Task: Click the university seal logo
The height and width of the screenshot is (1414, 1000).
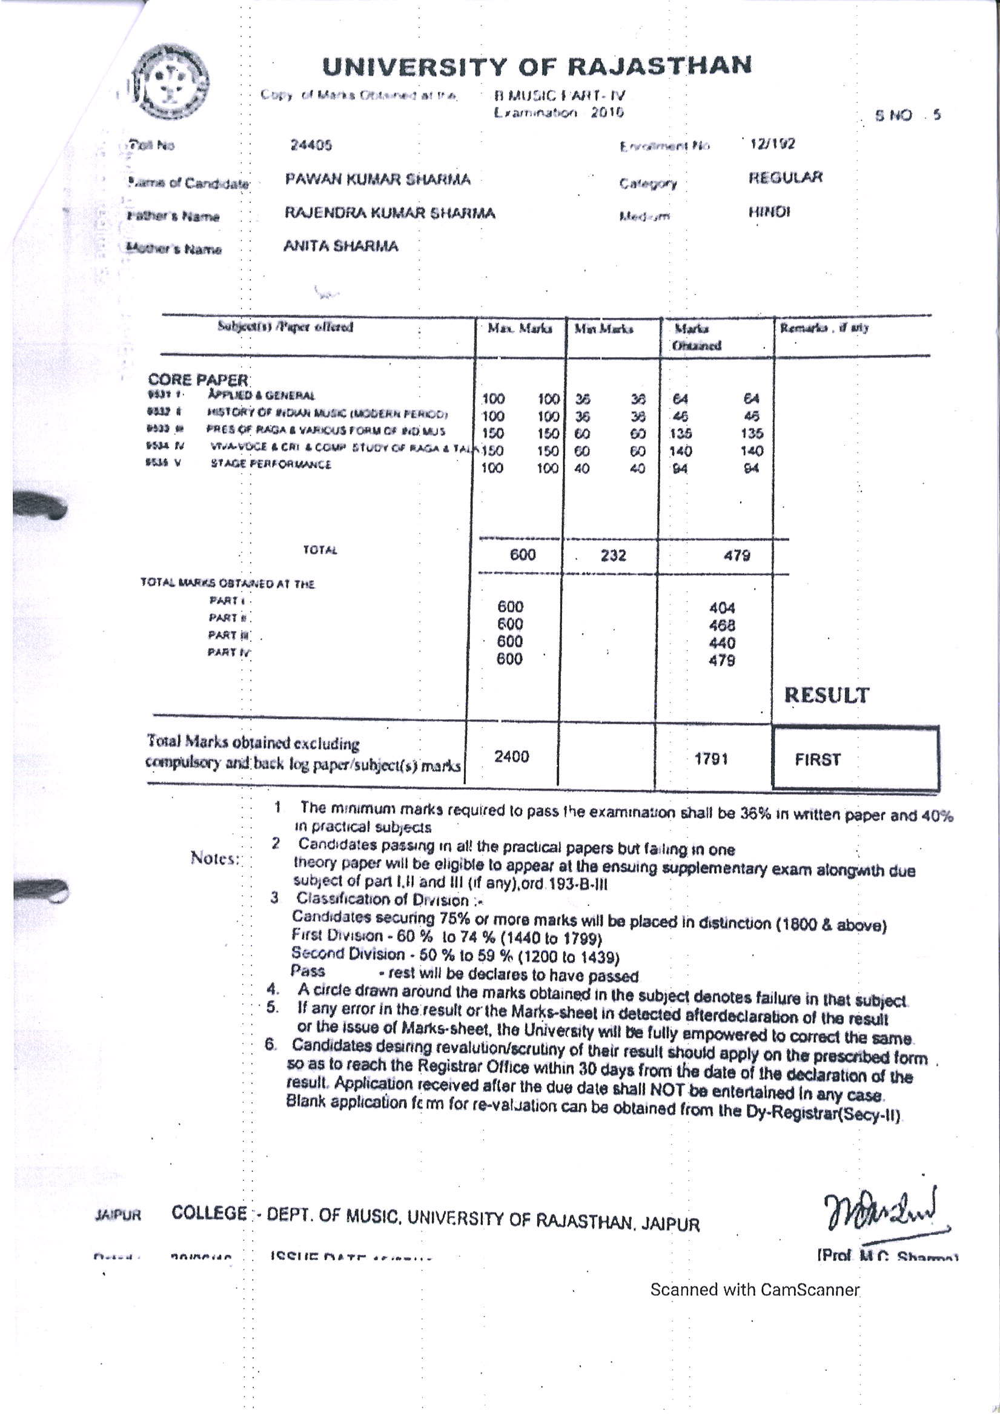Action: [x=172, y=83]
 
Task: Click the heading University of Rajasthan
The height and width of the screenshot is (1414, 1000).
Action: [x=537, y=66]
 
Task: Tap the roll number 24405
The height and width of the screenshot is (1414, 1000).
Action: [x=311, y=145]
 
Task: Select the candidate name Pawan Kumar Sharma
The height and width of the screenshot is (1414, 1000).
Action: [x=378, y=179]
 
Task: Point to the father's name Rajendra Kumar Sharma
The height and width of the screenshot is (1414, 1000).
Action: [x=389, y=213]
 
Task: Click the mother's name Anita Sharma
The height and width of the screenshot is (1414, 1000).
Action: [x=341, y=246]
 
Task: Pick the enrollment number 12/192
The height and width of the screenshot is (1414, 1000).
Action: [x=772, y=144]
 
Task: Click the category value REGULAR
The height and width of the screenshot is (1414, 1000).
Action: [x=786, y=178]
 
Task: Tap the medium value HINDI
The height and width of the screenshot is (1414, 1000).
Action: [x=769, y=213]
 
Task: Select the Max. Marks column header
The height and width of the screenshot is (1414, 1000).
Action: [x=520, y=328]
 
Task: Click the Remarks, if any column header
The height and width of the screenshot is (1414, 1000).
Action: [x=824, y=328]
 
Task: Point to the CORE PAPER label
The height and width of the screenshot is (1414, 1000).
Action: [x=198, y=379]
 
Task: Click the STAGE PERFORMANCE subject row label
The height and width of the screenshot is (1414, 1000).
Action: [x=271, y=464]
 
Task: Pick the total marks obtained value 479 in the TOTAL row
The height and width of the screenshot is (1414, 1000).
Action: [x=737, y=555]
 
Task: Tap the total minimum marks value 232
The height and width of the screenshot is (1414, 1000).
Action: [x=613, y=555]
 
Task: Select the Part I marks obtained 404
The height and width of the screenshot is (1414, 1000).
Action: [x=722, y=609]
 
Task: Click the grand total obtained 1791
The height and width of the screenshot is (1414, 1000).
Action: [x=711, y=759]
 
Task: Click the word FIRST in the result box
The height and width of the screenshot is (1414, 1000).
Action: [x=818, y=759]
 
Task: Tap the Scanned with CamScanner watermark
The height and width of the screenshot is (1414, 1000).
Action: [x=754, y=1289]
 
